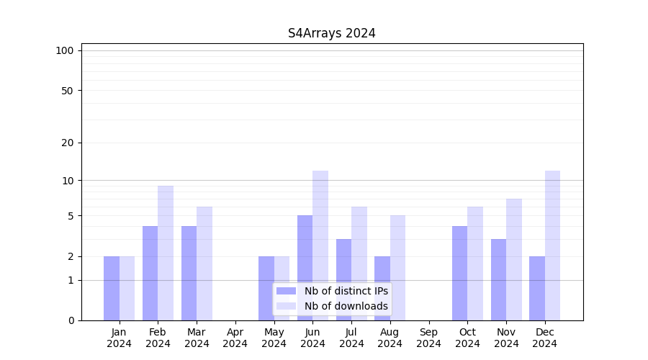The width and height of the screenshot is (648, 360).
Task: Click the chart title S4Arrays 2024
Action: [x=331, y=33]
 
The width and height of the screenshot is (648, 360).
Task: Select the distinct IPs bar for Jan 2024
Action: [x=112, y=288]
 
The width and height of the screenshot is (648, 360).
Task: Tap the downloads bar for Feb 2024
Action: [x=166, y=253]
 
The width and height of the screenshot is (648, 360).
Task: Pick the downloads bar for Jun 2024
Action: [x=320, y=246]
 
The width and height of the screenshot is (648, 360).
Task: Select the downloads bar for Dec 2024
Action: [x=553, y=246]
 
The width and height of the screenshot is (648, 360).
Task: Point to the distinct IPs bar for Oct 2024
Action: [x=460, y=273]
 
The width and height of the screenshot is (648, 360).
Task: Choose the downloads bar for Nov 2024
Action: [x=514, y=259]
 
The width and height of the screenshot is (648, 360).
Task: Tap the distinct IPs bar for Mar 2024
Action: [x=189, y=273]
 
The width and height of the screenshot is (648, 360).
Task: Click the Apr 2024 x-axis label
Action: [x=235, y=338]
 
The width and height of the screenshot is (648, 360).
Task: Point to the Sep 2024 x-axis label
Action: [x=428, y=338]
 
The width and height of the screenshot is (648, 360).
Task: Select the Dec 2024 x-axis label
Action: [x=545, y=338]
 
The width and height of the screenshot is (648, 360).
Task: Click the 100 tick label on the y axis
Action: [x=65, y=50]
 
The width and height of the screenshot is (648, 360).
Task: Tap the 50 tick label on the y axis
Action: [x=67, y=91]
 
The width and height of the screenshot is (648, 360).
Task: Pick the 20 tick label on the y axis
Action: [x=67, y=143]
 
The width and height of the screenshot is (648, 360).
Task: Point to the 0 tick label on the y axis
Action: [x=71, y=320]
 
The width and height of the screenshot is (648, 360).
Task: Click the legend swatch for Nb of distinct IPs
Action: [x=286, y=291]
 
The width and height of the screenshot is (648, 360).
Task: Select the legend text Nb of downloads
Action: [x=346, y=306]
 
